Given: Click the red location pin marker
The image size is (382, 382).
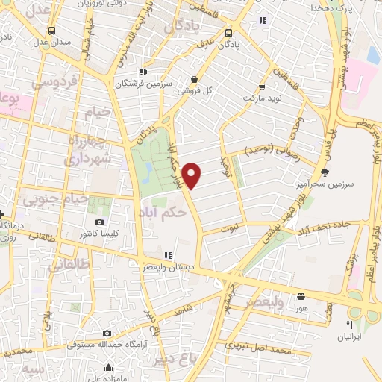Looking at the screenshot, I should [x=192, y=175].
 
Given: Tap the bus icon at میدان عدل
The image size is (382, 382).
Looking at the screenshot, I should [x=51, y=31].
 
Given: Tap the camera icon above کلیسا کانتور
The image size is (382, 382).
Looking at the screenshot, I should [x=100, y=222].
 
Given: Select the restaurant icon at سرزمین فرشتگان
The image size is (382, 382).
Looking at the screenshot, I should [x=143, y=72].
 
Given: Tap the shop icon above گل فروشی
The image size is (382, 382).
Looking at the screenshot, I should [x=194, y=80].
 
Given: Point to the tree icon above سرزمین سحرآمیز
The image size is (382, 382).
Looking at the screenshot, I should [x=324, y=172].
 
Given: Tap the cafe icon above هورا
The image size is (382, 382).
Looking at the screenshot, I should [x=301, y=295].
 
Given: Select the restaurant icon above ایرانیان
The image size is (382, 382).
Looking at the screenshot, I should [x=348, y=325].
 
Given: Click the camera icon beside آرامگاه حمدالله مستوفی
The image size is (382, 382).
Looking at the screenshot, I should [x=107, y=333].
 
